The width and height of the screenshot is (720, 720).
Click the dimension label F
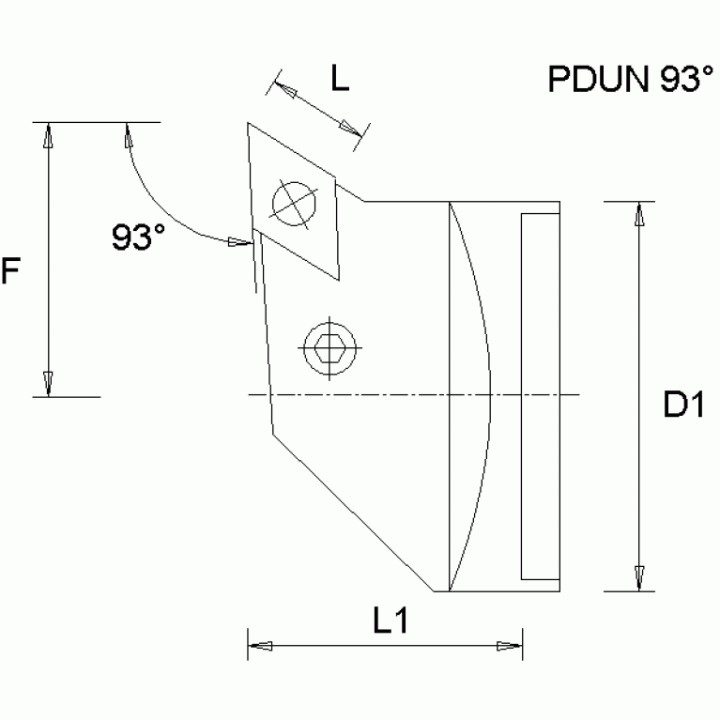(10, 272)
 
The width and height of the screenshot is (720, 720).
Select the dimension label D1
(685, 406)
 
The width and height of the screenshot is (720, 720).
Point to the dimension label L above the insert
(340, 80)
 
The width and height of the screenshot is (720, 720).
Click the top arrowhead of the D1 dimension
(639, 214)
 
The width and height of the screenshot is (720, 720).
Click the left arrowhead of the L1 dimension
(260, 646)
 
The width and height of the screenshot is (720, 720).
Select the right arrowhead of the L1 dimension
(508, 646)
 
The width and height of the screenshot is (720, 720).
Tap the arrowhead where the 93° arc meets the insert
(239, 242)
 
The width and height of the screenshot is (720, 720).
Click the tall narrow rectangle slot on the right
(540, 396)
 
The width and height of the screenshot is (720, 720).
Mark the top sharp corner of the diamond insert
(249, 124)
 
